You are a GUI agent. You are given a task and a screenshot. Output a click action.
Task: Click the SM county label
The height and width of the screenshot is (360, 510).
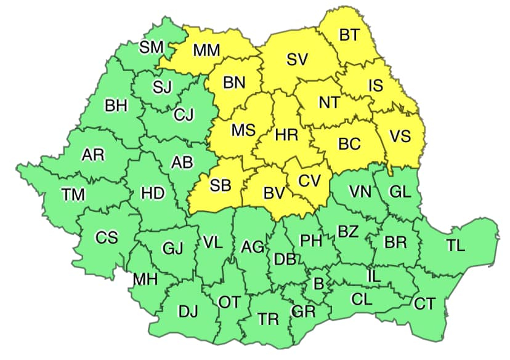(x=151, y=47)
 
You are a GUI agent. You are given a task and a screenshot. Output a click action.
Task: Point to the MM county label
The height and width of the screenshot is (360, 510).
(x=206, y=50)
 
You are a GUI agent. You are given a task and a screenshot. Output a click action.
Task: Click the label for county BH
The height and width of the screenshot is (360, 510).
(x=116, y=106)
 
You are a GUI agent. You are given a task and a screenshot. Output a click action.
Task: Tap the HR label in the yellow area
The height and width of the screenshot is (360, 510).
(x=286, y=135)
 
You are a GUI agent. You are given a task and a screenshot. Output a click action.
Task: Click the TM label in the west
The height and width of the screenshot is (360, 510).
(x=73, y=194)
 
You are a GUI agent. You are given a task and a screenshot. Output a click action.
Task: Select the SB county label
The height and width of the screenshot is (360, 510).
(x=221, y=186)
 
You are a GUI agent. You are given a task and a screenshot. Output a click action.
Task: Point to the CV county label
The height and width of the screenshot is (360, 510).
(x=310, y=181)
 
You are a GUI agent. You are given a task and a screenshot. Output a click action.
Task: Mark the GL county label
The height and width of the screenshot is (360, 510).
(x=400, y=191)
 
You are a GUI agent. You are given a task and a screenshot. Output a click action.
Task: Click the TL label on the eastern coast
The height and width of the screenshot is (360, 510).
(x=456, y=246)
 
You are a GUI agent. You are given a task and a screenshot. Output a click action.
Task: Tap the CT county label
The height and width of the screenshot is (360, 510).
(x=424, y=303)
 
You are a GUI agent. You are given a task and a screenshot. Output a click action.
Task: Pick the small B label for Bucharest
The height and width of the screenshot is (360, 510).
(x=318, y=284)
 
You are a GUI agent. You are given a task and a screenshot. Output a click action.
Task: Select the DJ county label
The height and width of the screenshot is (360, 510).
(x=188, y=311)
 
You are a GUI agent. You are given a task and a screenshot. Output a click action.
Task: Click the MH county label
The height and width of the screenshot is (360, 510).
(x=145, y=279)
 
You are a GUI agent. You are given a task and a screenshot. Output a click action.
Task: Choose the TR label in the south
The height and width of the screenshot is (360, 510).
(x=268, y=319)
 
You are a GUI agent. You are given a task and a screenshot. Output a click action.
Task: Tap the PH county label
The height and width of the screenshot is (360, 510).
(x=311, y=241)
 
